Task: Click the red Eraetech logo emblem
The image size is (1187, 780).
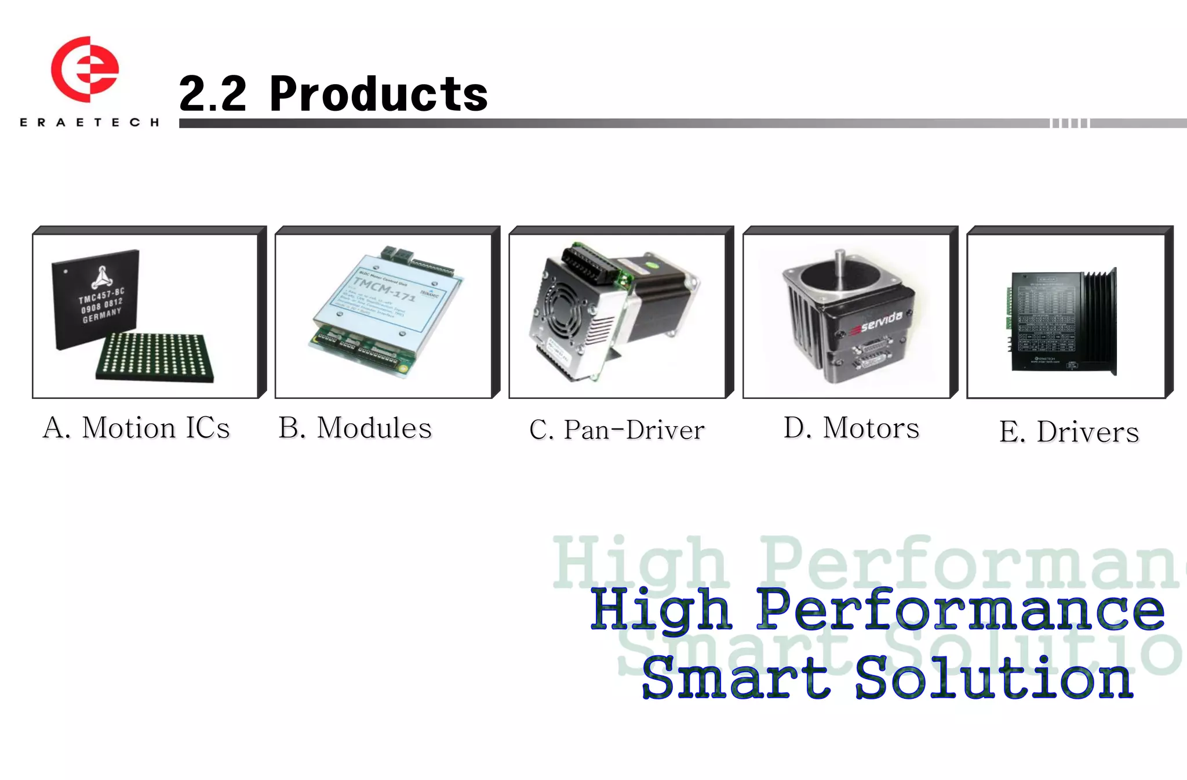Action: point(85,69)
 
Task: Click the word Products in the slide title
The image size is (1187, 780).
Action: point(378,94)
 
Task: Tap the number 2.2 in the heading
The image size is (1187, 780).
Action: point(213,94)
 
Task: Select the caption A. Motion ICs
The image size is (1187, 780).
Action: point(137,428)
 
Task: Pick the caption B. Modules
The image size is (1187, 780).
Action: point(355,428)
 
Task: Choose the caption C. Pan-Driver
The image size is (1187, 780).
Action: point(617,430)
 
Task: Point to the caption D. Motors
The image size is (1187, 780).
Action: point(851,428)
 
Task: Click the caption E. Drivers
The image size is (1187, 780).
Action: point(1069,431)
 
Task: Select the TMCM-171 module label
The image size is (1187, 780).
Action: point(384,289)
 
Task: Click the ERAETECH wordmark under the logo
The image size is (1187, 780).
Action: point(89,122)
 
